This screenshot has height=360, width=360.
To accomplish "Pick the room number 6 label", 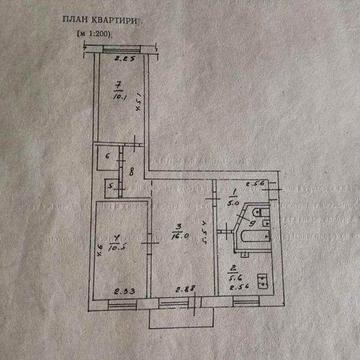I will click(107, 156).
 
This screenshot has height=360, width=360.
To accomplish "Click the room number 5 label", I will click(109, 186).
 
